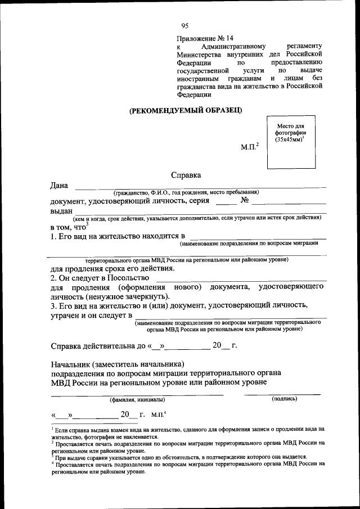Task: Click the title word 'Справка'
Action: pyautogui.click(x=186, y=175)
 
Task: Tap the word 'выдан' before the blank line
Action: pyautogui.click(x=61, y=210)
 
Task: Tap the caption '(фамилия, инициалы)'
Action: pyautogui.click(x=137, y=399)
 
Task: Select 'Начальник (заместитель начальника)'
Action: pyautogui.click(x=117, y=363)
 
